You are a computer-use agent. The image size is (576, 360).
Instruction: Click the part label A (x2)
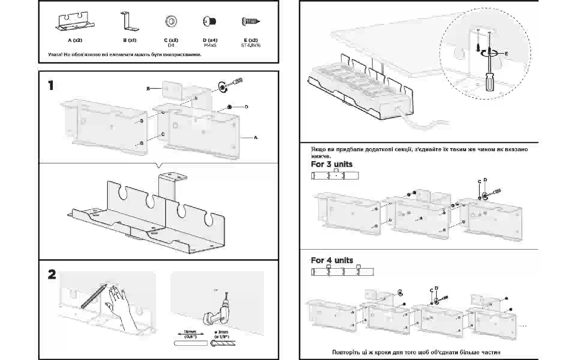75,40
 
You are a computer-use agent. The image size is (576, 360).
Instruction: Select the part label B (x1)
130,40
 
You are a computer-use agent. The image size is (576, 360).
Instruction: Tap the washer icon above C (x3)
171,21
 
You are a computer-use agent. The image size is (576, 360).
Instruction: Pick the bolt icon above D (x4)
210,21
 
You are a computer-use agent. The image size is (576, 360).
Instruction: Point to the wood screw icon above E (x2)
251,21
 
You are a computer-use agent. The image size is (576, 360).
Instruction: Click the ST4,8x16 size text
251,45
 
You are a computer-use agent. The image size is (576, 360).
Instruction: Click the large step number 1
51,86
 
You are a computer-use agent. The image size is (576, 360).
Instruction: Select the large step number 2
52,274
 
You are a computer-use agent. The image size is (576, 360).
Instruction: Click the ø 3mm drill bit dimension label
221,334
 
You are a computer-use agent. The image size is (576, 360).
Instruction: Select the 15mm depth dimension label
190,334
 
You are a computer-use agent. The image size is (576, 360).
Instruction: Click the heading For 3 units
331,164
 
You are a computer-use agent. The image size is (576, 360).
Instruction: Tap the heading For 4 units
332,260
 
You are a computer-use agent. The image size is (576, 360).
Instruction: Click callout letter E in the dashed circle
506,54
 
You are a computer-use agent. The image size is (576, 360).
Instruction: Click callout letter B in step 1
148,89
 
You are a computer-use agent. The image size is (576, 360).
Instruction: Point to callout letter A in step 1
256,138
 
